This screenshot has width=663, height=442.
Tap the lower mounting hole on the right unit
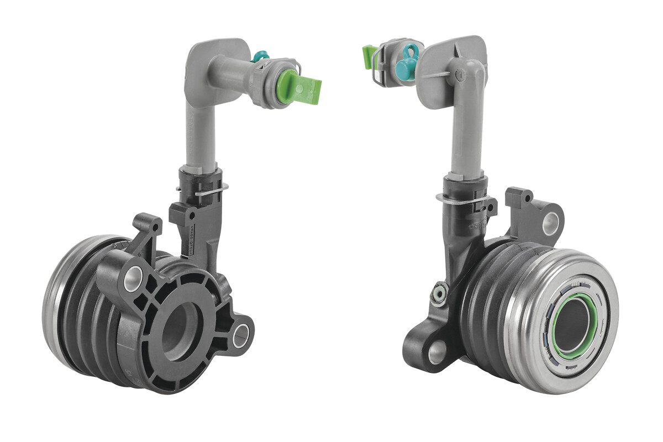tap(436, 351)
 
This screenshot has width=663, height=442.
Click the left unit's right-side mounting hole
tap(241, 336)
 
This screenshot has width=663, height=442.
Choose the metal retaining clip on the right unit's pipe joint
tap(461, 196)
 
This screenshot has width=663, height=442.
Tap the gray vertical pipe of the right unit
tap(467, 138)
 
